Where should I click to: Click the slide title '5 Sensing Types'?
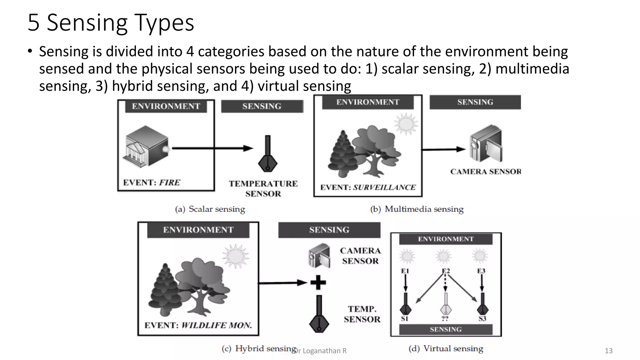[111, 22]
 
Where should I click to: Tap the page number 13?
[608, 351]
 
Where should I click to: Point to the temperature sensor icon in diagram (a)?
[267, 155]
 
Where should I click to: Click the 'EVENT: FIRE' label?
[152, 182]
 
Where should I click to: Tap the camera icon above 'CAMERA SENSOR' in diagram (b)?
[486, 144]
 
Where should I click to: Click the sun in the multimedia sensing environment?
[406, 124]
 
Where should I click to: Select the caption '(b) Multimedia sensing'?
[417, 209]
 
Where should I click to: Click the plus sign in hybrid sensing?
[318, 282]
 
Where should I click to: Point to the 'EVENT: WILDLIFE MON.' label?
[198, 325]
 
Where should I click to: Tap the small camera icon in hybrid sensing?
[319, 256]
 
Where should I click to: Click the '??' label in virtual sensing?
[445, 319]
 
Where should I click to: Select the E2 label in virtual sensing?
[446, 271]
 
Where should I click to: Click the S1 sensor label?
[405, 319]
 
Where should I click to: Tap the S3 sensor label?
[482, 319]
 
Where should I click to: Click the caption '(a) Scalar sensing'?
[210, 209]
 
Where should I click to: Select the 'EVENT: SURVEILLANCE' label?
[368, 187]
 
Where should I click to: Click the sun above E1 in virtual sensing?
[407, 256]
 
